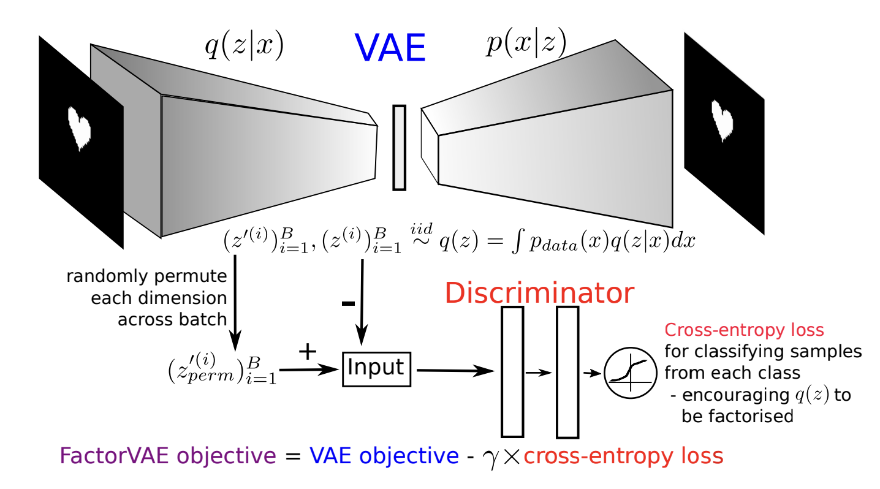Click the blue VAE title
click(390, 48)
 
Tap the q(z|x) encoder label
click(244, 47)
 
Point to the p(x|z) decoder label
click(525, 44)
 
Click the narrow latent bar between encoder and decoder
click(399, 147)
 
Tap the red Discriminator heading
click(539, 293)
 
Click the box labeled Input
click(376, 368)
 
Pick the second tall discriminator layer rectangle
click(567, 372)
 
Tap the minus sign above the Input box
click(347, 303)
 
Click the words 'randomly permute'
click(146, 276)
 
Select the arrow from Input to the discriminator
click(454, 370)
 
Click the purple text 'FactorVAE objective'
click(167, 456)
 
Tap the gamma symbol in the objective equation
click(491, 458)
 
